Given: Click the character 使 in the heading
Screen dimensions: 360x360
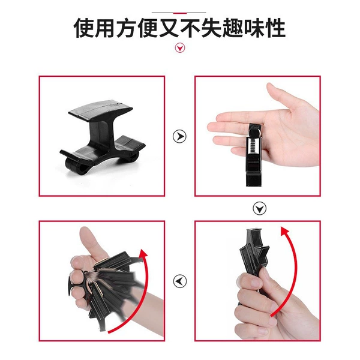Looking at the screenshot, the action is click(x=84, y=28).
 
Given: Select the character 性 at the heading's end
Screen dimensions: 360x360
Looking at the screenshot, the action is click(x=275, y=28).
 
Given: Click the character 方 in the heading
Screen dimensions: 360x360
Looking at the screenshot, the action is click(x=126, y=28).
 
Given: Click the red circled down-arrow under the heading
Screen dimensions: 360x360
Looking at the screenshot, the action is click(x=180, y=48).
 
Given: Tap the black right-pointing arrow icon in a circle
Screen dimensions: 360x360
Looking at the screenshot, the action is click(x=179, y=136).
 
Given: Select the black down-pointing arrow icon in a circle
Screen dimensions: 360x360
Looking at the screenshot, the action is click(x=259, y=208).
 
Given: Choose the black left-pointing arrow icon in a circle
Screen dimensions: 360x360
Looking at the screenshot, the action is click(x=180, y=281).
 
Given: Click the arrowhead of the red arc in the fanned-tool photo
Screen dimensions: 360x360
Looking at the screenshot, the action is click(x=143, y=254).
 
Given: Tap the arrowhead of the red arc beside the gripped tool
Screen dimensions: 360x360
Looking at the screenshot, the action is click(x=285, y=232).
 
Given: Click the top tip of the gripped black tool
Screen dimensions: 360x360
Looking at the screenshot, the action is click(x=253, y=229).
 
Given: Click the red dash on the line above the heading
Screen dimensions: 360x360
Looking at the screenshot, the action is click(x=180, y=13).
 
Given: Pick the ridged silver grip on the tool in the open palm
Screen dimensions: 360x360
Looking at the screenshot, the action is click(x=253, y=146).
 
